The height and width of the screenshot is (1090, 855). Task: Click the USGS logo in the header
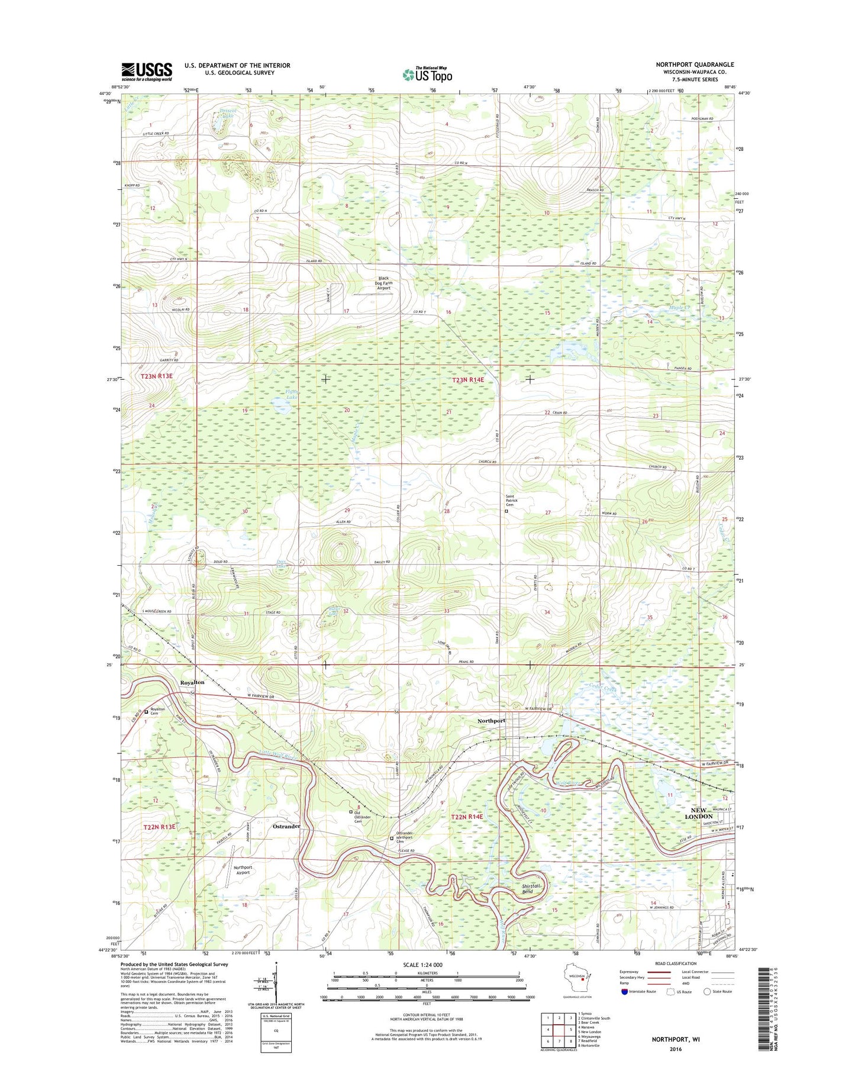click(x=147, y=72)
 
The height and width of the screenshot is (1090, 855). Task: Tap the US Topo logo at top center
click(x=427, y=74)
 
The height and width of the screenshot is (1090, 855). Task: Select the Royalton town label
click(x=192, y=682)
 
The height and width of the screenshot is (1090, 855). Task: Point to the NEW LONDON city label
click(x=698, y=813)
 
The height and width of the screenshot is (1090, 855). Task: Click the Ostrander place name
click(x=286, y=826)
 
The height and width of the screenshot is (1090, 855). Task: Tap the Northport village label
click(x=491, y=721)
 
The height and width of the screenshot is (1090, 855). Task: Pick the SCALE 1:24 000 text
click(x=426, y=965)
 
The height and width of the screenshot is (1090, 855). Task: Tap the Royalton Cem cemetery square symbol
click(x=147, y=712)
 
